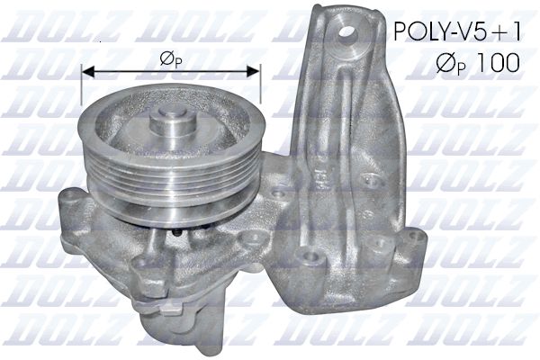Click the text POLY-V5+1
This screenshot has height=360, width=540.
pyautogui.click(x=457, y=31)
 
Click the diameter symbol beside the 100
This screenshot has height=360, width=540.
pyautogui.click(x=446, y=63)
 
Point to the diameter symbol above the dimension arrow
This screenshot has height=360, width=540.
pyautogui.click(x=166, y=58)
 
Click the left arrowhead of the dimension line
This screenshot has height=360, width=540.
pyautogui.click(x=88, y=71)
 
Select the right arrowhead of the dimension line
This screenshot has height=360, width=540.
pyautogui.click(x=253, y=71)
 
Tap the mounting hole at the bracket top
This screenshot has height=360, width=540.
pyautogui.click(x=347, y=34)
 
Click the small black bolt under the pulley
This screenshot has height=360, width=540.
pyautogui.click(x=177, y=233)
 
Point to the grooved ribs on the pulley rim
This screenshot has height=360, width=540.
pyautogui.click(x=170, y=179)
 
